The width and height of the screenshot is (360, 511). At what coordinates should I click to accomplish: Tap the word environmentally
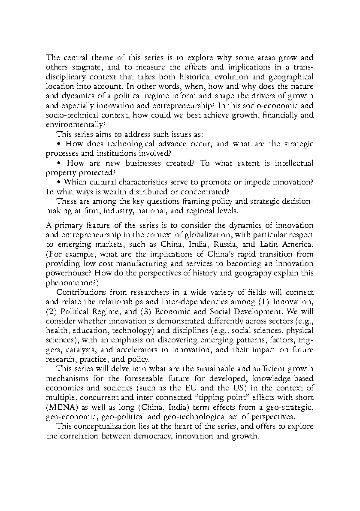coord(74,124)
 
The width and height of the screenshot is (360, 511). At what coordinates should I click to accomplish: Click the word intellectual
coord(291,163)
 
